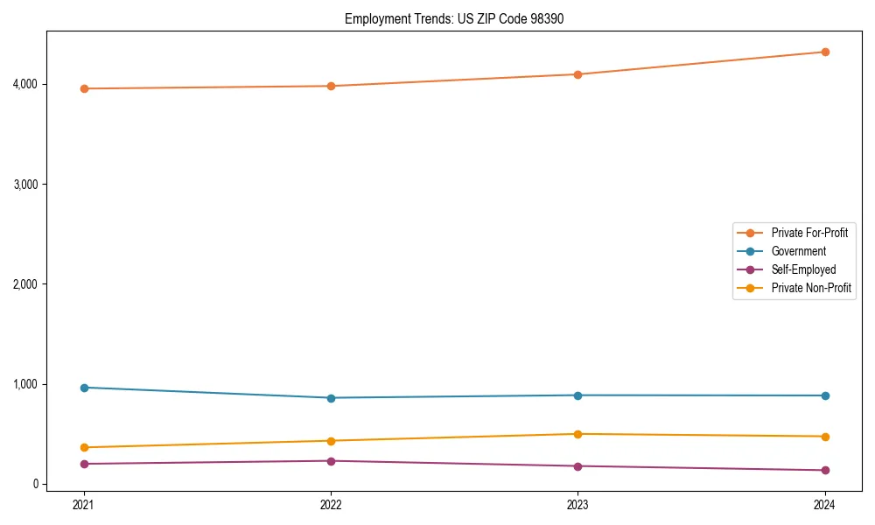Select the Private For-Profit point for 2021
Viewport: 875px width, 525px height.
[x=84, y=88]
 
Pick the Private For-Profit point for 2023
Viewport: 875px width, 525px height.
[x=577, y=74]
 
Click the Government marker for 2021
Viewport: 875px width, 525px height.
[x=84, y=388]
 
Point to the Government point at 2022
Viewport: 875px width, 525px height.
[x=331, y=398]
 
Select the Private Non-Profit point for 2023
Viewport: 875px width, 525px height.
[x=577, y=434]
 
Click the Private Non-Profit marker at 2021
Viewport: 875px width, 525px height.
[x=84, y=447]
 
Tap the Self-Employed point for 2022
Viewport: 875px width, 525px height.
[x=331, y=461]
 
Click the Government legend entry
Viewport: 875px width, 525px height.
[x=798, y=251]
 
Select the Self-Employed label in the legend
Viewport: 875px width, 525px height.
[x=803, y=269]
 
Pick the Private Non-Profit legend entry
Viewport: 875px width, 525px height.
[x=811, y=288]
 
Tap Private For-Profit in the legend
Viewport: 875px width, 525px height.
[x=809, y=233]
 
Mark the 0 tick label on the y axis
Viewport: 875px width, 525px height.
[x=58, y=484]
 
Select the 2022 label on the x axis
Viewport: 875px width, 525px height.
[x=331, y=504]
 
